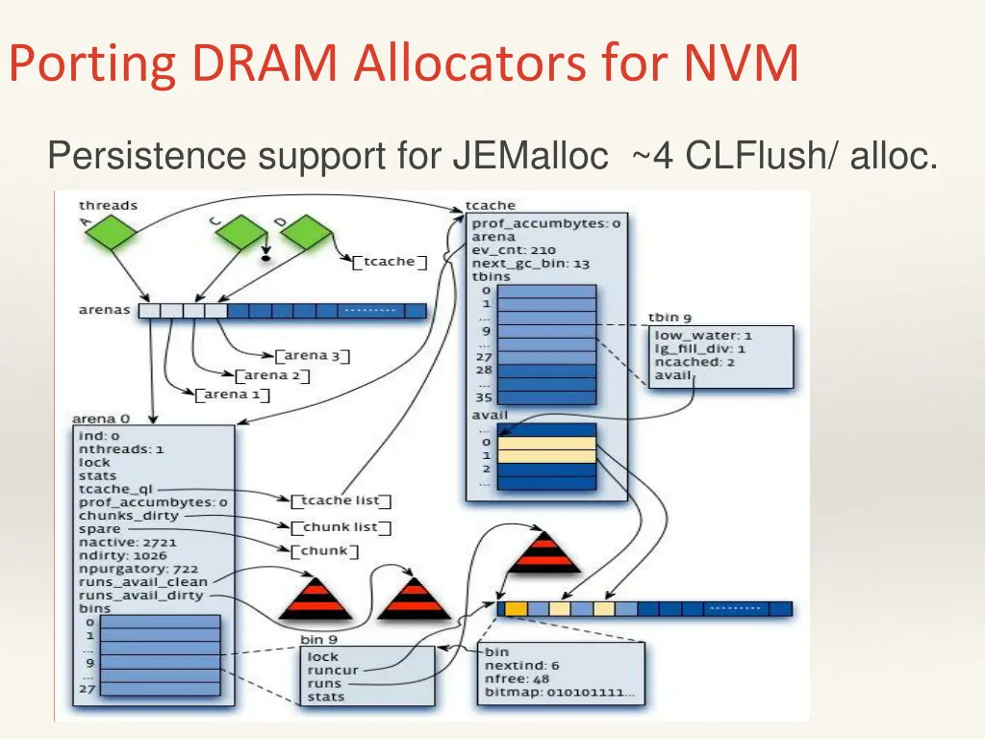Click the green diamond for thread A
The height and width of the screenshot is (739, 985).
coord(114,232)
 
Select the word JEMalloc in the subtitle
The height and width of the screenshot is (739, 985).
coord(530,155)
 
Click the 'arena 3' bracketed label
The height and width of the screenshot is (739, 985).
coord(312,356)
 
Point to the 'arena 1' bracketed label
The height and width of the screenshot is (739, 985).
coord(232,395)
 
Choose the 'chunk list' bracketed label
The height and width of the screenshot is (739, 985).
coord(341,527)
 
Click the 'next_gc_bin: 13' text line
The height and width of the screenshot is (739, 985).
coord(530,264)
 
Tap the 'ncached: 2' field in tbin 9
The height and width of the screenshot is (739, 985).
coord(688,362)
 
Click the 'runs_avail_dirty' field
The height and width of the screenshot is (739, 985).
coord(140,596)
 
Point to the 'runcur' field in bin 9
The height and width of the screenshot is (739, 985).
coord(328,670)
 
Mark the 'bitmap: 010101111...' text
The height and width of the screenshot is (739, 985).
coord(562,692)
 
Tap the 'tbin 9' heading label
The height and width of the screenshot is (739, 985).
coord(669,317)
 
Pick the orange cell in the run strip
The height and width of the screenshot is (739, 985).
coord(517,608)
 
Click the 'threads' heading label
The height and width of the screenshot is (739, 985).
coord(108,205)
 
